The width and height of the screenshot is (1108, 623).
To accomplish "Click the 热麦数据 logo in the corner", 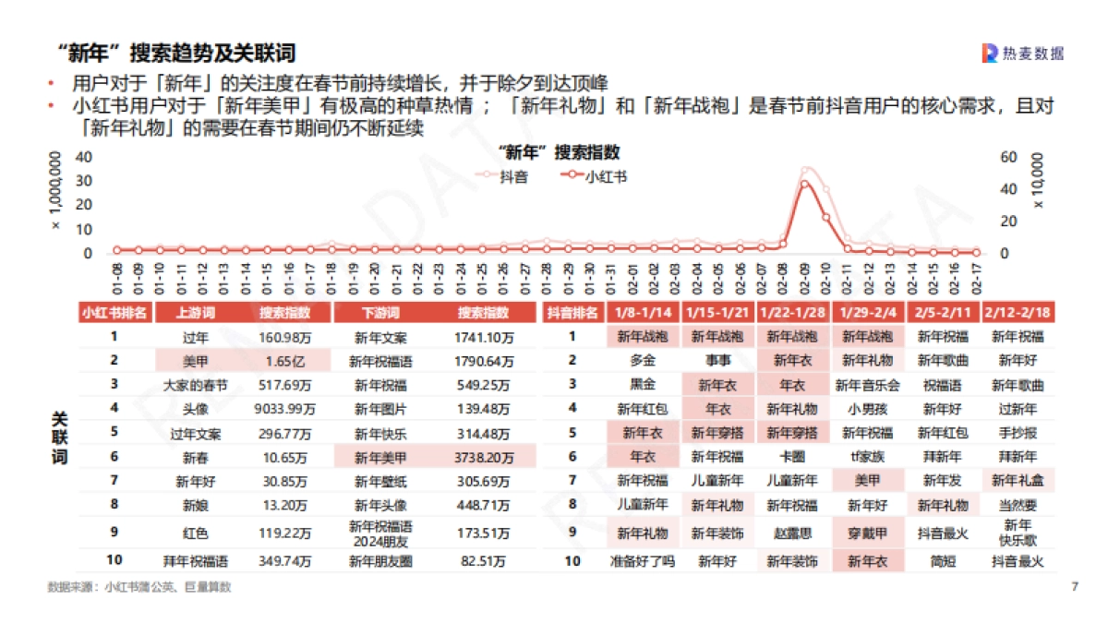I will click(x=1022, y=54).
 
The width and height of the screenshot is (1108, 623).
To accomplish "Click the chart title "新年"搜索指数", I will click(x=559, y=152).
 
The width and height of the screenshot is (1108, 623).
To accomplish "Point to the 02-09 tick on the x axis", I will click(x=805, y=277).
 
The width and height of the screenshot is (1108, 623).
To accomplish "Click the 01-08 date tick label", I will click(x=117, y=277).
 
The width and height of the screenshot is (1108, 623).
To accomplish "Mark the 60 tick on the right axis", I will click(x=1008, y=157).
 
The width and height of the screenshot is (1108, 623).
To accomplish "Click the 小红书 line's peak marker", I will click(x=805, y=184).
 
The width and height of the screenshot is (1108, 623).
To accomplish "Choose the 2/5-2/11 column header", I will click(x=944, y=312).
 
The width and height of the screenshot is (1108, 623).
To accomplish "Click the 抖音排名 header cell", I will click(x=572, y=312).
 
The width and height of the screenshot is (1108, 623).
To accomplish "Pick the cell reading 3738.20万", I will click(x=484, y=456).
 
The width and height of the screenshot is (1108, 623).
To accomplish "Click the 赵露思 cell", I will click(x=792, y=533).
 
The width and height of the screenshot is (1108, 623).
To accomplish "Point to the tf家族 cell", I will click(x=868, y=456).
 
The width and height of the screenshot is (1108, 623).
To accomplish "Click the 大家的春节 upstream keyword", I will click(x=195, y=384).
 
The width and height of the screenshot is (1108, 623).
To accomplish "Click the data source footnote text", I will click(x=139, y=586).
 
